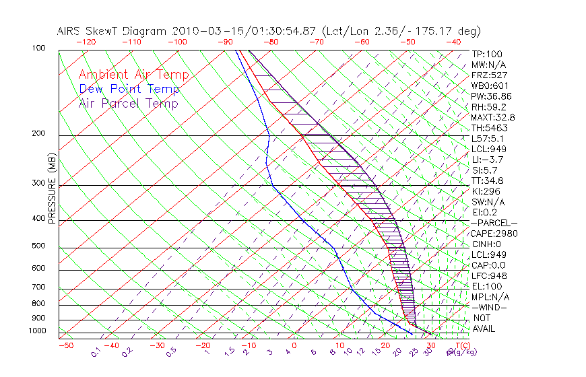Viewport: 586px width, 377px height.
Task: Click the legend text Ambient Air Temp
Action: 133,75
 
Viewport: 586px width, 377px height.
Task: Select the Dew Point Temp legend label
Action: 129,89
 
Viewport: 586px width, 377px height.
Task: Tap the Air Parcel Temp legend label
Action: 128,104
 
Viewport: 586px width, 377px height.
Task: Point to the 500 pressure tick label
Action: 39,246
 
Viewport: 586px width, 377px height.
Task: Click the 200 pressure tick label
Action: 39,134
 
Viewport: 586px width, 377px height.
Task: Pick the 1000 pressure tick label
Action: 37,331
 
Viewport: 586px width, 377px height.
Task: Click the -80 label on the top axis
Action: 270,42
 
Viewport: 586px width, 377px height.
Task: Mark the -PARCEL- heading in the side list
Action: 494,223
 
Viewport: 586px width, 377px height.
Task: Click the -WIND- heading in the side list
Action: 490,307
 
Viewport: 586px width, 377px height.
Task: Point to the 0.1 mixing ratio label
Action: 96,352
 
